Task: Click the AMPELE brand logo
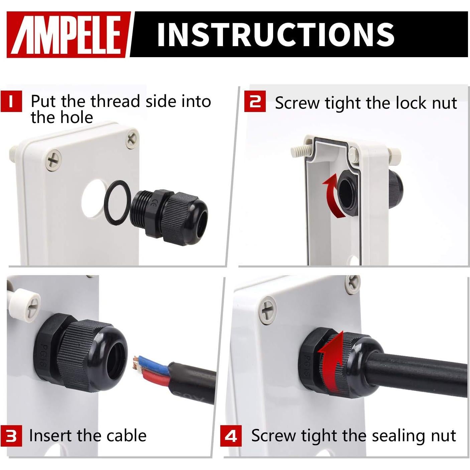pyautogui.click(x=69, y=35)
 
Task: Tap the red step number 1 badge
pyautogui.click(x=11, y=101)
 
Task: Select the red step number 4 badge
pyautogui.click(x=231, y=436)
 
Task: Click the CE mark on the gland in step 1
pyautogui.click(x=152, y=204)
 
